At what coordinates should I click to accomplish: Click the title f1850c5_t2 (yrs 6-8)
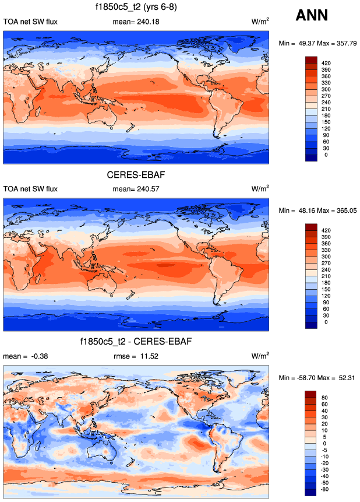[136, 8]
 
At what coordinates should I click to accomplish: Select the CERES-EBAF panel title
[136, 175]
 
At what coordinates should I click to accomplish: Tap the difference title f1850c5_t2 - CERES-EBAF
[136, 340]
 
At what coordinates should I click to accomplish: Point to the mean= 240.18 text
[136, 22]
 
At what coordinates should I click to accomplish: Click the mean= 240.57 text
[136, 189]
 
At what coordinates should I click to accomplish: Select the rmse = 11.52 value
[136, 356]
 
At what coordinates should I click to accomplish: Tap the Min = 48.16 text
[294, 210]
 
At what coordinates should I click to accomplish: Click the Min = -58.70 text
[294, 378]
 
